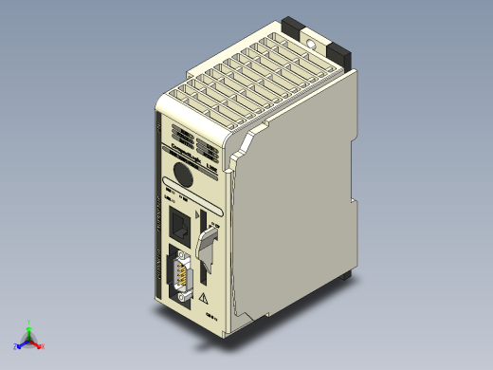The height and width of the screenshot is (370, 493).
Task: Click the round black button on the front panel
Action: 183,175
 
